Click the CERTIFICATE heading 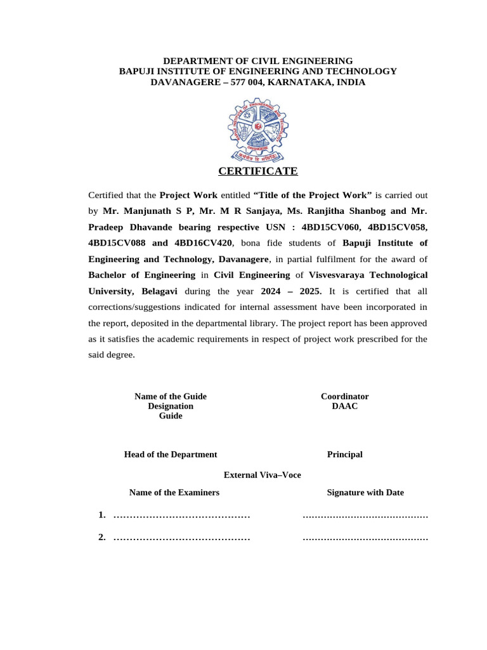pyautogui.click(x=257, y=171)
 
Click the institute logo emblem pyautogui.click(x=257, y=129)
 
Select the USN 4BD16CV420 pyautogui.click(x=202, y=243)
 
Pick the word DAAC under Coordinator pyautogui.click(x=344, y=406)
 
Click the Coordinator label pyautogui.click(x=344, y=396)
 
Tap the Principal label pyautogui.click(x=344, y=454)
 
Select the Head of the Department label pyautogui.click(x=171, y=454)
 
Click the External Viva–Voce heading pyautogui.click(x=263, y=475)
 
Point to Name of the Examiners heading pyautogui.click(x=174, y=493)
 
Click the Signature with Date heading pyautogui.click(x=365, y=493)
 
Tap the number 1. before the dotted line pyautogui.click(x=102, y=515)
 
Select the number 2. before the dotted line pyautogui.click(x=102, y=538)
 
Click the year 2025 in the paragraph pyautogui.click(x=309, y=291)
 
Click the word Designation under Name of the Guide pyautogui.click(x=171, y=406)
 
